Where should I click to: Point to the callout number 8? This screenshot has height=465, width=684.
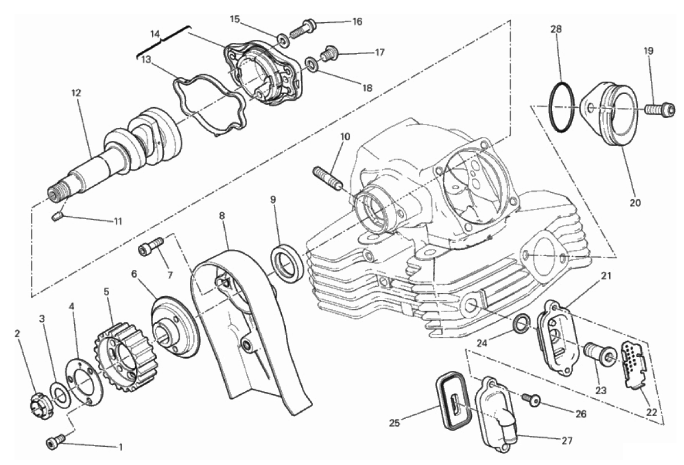point(222,216)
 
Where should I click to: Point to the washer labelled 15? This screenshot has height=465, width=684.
point(282,39)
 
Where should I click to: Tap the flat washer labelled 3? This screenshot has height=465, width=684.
point(58,391)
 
